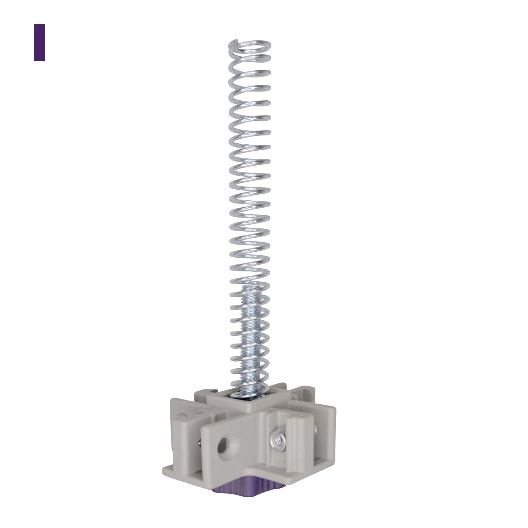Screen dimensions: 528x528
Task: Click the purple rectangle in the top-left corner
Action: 39,43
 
